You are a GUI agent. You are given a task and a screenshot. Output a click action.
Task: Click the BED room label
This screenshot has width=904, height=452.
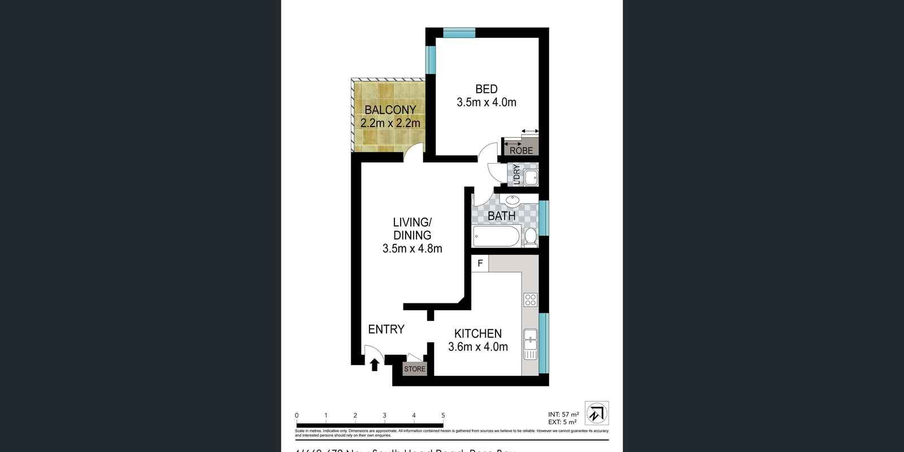pyautogui.click(x=486, y=89)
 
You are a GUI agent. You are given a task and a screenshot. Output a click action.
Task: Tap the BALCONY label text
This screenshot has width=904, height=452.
pyautogui.click(x=390, y=110)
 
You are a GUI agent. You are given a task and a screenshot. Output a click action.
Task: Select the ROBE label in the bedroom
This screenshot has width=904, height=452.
pyautogui.click(x=521, y=151)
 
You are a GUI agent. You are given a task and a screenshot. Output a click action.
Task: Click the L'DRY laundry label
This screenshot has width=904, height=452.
pyautogui.click(x=516, y=175)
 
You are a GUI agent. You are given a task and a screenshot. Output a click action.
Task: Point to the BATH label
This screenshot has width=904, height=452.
pyautogui.click(x=501, y=216)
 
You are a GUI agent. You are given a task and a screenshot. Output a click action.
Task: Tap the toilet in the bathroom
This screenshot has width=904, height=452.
pyautogui.click(x=531, y=237)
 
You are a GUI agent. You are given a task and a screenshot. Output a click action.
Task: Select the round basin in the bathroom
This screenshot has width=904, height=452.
pyautogui.click(x=513, y=200)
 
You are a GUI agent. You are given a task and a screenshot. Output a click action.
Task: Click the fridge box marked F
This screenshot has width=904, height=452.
pyautogui.click(x=480, y=263)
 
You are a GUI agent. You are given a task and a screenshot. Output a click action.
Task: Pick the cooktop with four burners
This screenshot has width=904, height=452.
pyautogui.click(x=530, y=299)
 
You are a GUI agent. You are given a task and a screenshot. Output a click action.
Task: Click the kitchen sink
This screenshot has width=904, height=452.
pyautogui.click(x=530, y=345)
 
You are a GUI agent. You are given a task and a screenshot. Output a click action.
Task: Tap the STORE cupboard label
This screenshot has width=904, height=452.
pyautogui.click(x=415, y=369)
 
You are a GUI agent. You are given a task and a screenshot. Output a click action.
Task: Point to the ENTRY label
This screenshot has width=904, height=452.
pyautogui.click(x=386, y=329)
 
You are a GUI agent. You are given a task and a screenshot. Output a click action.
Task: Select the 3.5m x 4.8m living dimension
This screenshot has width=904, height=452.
pyautogui.click(x=412, y=249)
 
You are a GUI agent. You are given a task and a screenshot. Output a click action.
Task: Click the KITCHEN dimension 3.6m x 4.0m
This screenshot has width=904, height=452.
pyautogui.click(x=477, y=347)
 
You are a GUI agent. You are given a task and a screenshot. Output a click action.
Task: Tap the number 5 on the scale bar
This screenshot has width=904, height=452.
pyautogui.click(x=443, y=416)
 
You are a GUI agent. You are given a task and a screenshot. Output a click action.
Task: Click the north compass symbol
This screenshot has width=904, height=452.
pyautogui.click(x=597, y=413)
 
